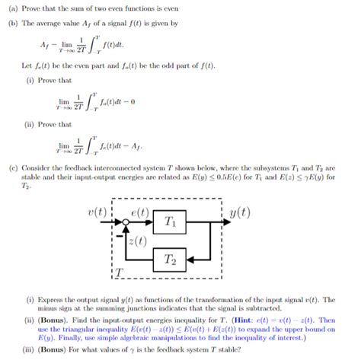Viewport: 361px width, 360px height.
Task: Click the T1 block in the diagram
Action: (168, 223)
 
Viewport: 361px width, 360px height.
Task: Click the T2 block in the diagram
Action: (168, 260)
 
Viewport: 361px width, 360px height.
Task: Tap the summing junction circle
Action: (126, 221)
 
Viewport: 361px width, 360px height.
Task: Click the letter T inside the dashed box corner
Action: (118, 272)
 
